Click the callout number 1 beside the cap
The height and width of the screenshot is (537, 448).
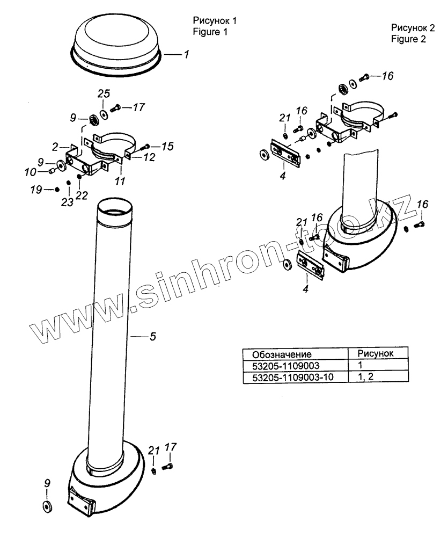186,55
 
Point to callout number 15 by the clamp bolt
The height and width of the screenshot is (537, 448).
153,146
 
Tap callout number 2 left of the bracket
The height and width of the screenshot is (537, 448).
56,147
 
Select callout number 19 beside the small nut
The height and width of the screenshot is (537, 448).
35,189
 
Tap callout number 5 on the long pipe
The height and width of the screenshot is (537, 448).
152,337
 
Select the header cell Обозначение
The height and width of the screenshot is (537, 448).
282,354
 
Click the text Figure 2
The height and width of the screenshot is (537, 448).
408,39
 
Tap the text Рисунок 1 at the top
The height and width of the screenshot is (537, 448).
215,20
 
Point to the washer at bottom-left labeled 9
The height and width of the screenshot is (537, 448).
46,505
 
